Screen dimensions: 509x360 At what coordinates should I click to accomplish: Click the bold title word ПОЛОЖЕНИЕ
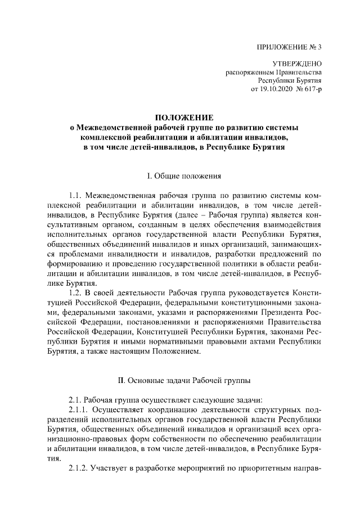coord(183,118)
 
